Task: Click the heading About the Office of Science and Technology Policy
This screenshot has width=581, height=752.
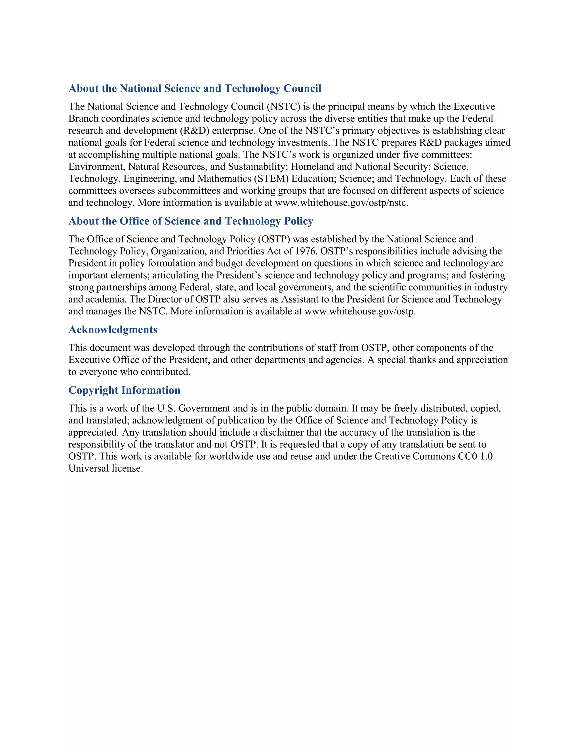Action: pyautogui.click(x=191, y=221)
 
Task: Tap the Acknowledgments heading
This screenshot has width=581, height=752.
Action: pyautogui.click(x=113, y=329)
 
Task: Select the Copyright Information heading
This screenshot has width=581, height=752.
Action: pyautogui.click(x=124, y=390)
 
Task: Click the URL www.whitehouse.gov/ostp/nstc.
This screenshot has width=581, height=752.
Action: pyautogui.click(x=342, y=203)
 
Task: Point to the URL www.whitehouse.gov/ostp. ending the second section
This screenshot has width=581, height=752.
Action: pyautogui.click(x=360, y=311)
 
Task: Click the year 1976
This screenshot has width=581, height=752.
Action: pyautogui.click(x=306, y=251)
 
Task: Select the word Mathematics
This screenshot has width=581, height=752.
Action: pyautogui.click(x=224, y=179)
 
